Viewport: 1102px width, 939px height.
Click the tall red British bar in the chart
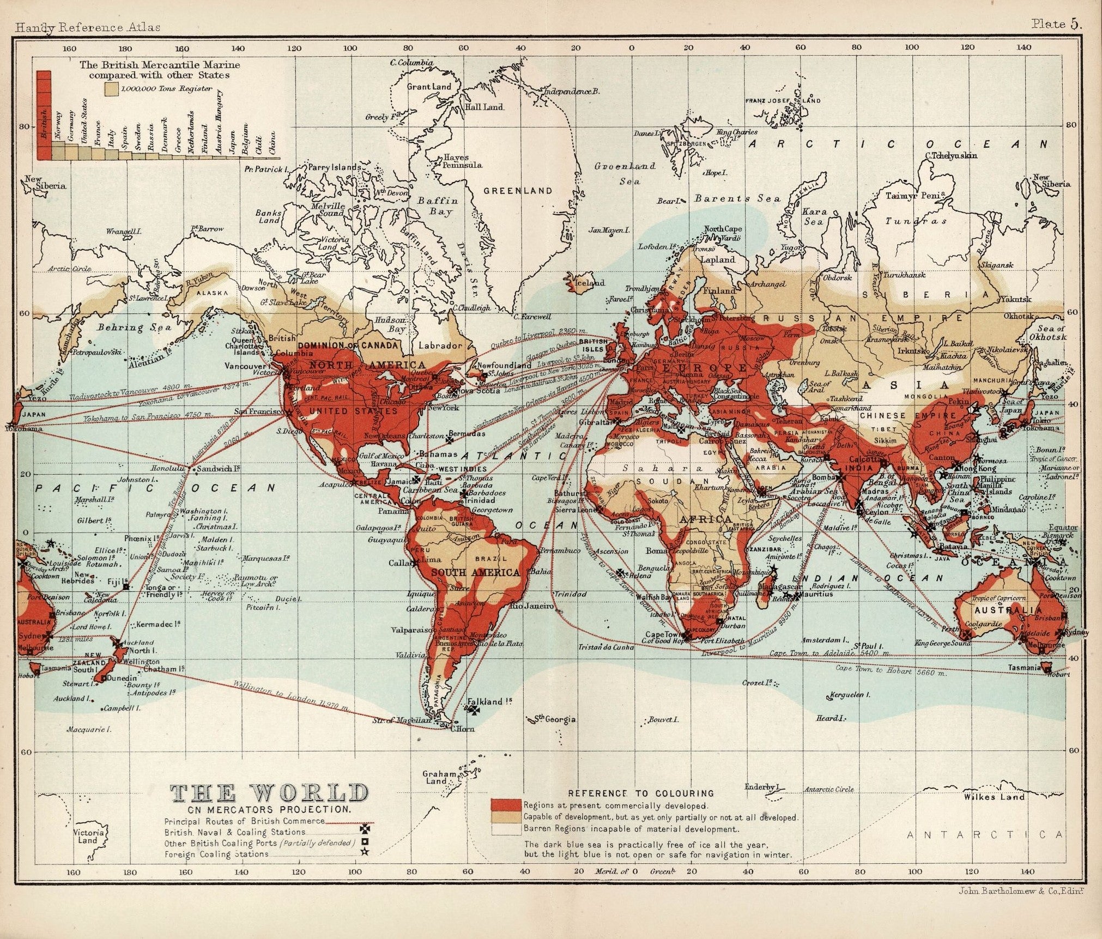click(x=44, y=114)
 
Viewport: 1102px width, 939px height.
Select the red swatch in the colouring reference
click(x=506, y=805)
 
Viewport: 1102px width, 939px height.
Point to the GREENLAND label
click(x=518, y=191)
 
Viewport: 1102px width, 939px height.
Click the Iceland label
click(x=592, y=283)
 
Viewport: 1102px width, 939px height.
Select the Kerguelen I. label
click(x=849, y=695)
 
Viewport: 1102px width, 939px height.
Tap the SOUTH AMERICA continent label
click(x=475, y=572)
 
